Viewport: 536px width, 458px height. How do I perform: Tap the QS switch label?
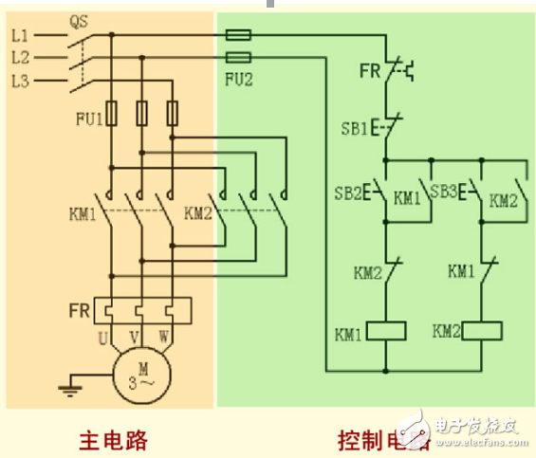80,18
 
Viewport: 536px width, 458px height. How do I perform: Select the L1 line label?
21,35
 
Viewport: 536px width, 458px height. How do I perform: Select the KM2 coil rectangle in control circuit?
482,331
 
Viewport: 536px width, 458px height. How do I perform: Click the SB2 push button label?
348,193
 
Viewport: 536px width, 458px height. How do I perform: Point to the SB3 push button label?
444,192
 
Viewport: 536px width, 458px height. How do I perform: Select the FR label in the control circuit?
370,69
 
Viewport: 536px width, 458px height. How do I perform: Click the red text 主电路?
113,440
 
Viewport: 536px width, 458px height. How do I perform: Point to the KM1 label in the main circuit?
83,211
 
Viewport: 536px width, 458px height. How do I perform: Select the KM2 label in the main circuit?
198,211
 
